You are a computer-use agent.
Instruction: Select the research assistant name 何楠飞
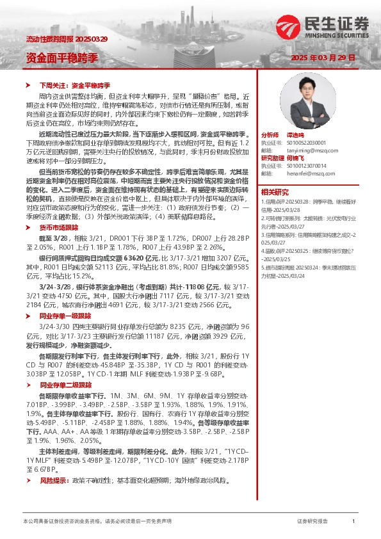[295, 158]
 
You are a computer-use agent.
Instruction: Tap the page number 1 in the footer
[353, 522]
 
